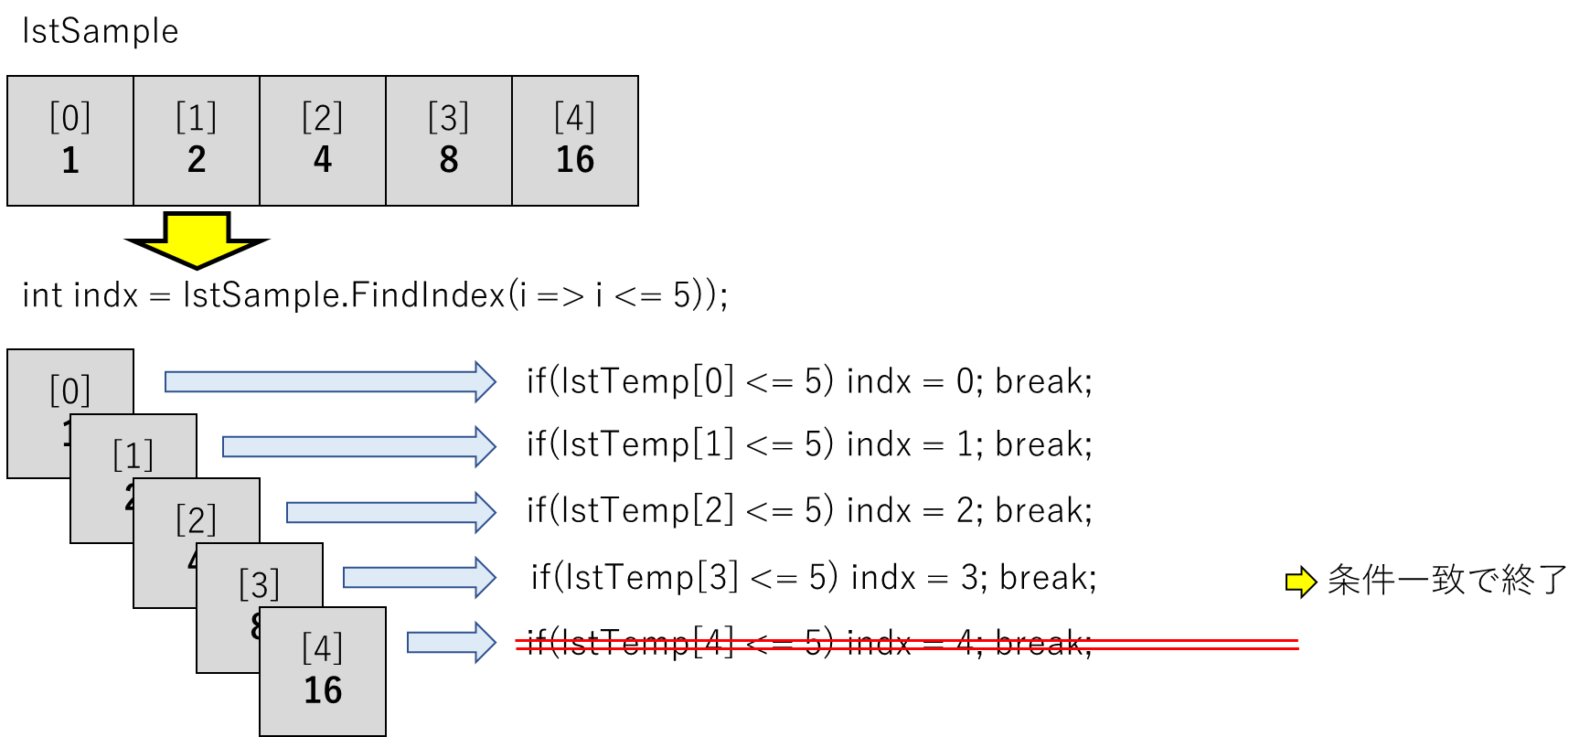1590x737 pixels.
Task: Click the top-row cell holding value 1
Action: point(70,141)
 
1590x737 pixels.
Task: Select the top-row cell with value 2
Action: point(197,141)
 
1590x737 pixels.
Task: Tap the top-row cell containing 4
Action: point(323,141)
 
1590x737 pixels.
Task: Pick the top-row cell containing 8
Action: point(449,141)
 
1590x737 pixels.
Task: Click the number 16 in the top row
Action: point(575,160)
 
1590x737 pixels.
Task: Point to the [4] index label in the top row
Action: point(575,118)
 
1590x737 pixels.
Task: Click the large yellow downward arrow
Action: point(197,240)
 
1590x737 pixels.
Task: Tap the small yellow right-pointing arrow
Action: point(1300,582)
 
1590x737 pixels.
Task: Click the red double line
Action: point(907,645)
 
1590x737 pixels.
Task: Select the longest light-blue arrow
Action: point(329,381)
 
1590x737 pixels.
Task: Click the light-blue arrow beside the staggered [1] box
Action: point(358,446)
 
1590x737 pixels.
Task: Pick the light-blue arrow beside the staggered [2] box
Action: point(390,512)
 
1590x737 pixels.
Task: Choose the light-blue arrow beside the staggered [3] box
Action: point(419,577)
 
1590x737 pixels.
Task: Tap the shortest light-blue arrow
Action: point(451,642)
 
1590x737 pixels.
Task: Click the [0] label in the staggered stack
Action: point(70,391)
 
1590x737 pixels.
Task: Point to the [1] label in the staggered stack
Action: point(133,455)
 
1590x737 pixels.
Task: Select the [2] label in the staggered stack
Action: point(197,520)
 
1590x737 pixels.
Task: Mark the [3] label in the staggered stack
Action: point(260,584)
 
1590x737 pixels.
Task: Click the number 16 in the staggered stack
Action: point(323,690)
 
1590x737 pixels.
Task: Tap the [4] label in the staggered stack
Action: point(323,648)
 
